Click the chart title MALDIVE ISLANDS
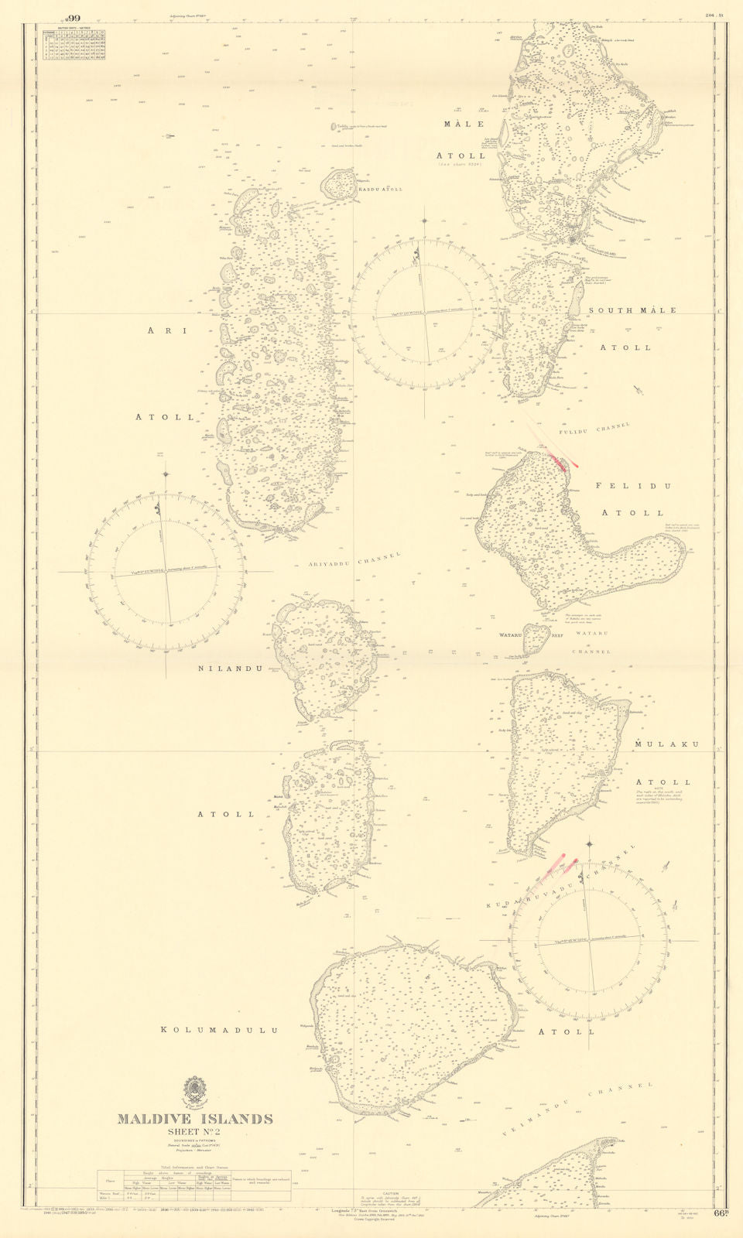click(195, 1119)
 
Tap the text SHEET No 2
click(195, 1132)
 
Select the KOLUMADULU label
click(219, 1031)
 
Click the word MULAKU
click(666, 744)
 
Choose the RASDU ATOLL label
click(380, 189)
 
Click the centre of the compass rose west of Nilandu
click(166, 572)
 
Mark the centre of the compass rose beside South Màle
click(424, 312)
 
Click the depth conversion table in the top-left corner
click(75, 43)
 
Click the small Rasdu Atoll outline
click(338, 184)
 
